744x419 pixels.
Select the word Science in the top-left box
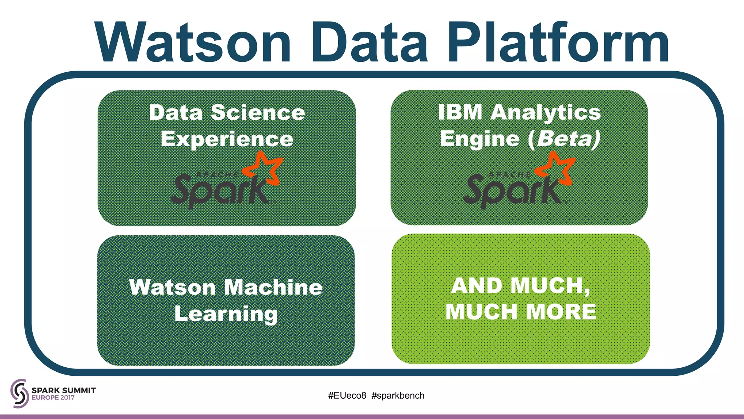click(x=258, y=112)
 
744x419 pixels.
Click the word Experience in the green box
click(x=227, y=139)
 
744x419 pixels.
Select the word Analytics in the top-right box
click(x=545, y=113)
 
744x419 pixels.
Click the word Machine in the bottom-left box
click(x=273, y=287)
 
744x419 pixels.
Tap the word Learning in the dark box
click(x=226, y=314)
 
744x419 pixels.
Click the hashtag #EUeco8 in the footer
click(x=347, y=395)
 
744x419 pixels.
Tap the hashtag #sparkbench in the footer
click(x=398, y=395)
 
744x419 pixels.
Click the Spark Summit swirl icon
click(x=19, y=393)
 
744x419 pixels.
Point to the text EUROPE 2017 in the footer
click(x=53, y=398)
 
